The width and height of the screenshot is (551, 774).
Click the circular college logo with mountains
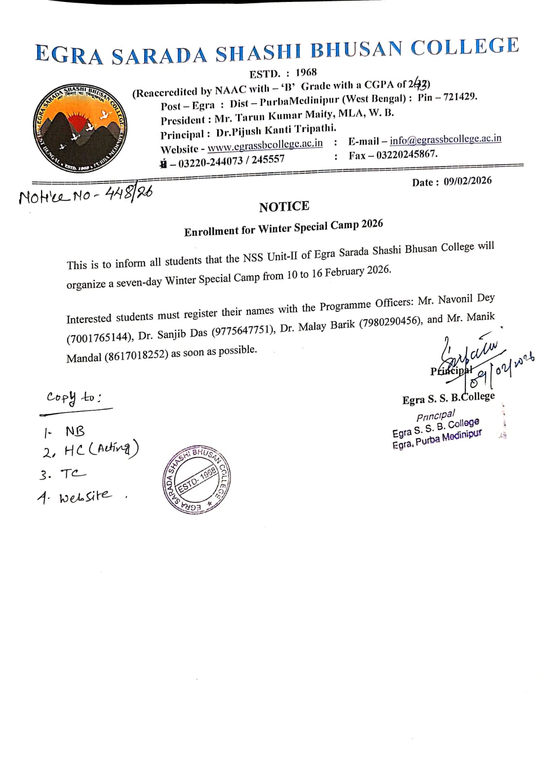click(80, 128)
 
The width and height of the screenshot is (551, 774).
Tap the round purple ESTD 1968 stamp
click(196, 480)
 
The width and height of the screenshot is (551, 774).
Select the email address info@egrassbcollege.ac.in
click(445, 139)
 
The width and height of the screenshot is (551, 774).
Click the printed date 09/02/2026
click(467, 181)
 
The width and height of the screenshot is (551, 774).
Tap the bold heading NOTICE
click(284, 207)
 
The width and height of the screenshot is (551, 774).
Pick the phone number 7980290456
click(390, 322)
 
